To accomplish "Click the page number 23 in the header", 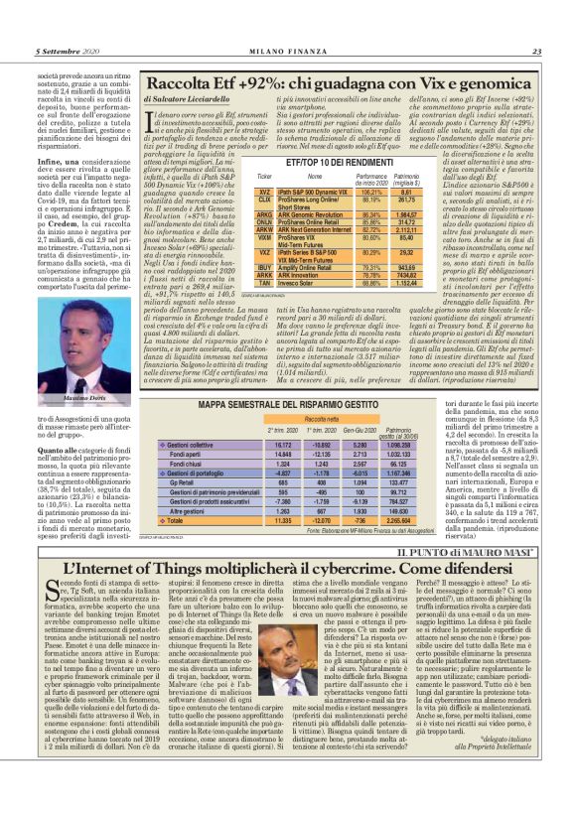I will [x=535, y=52].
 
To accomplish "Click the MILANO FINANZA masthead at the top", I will [x=287, y=52].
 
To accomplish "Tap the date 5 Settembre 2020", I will [x=71, y=52].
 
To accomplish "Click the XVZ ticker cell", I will [x=264, y=191].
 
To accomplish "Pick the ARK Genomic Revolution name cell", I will [x=306, y=213].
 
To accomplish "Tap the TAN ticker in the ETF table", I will [x=264, y=283].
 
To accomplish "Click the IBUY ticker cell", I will [x=264, y=267].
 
